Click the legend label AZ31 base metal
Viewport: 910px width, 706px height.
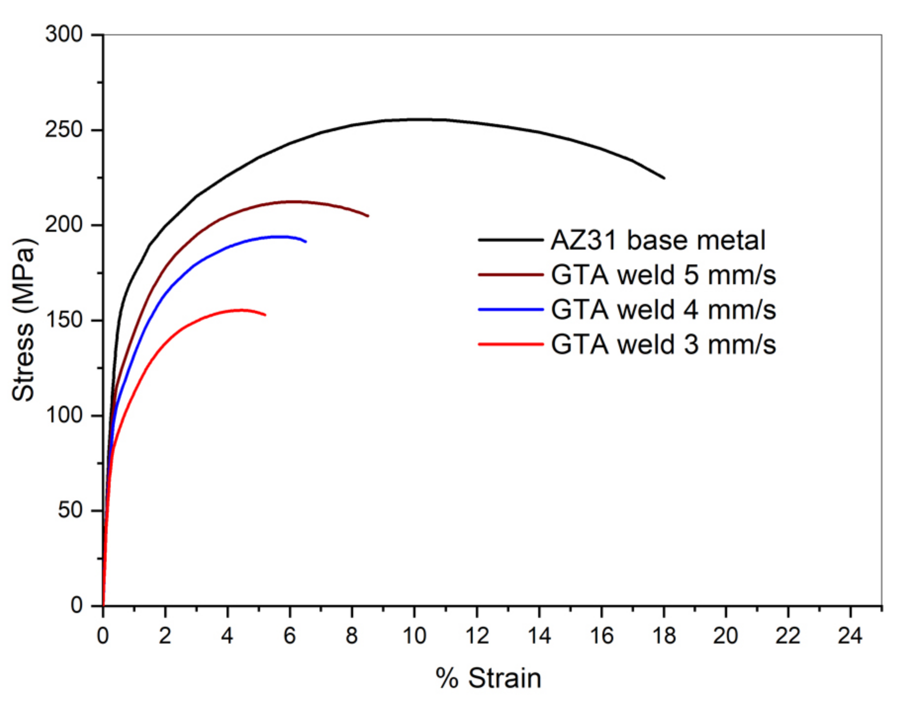[658, 240]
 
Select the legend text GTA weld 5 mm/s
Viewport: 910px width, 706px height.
[663, 275]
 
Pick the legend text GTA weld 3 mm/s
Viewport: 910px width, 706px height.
[663, 344]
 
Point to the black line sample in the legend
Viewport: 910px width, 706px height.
[511, 240]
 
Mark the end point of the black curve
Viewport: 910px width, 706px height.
[664, 178]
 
